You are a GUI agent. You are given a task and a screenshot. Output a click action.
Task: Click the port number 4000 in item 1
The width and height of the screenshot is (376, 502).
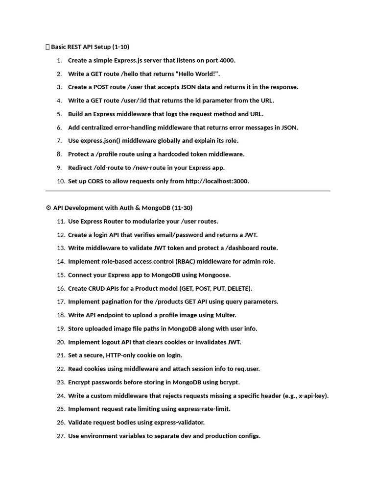coord(227,60)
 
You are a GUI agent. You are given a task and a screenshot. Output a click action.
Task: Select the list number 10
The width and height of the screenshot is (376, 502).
coord(61,181)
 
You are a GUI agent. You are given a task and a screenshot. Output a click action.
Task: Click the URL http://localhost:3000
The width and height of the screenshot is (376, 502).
coord(217,181)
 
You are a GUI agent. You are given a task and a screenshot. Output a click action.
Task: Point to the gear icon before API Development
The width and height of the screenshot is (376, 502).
coord(48,208)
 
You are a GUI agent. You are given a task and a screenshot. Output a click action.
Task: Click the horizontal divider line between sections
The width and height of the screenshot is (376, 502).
coord(188,191)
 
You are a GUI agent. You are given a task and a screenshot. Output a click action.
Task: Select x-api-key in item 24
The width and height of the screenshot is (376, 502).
coord(310,396)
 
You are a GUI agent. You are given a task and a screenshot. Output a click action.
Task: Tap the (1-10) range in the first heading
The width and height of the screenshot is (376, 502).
coord(120,47)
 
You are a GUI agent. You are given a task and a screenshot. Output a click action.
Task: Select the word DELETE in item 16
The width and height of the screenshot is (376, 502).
coord(238,288)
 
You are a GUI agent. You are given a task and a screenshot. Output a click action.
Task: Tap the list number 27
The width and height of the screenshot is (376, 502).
coord(61,436)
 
